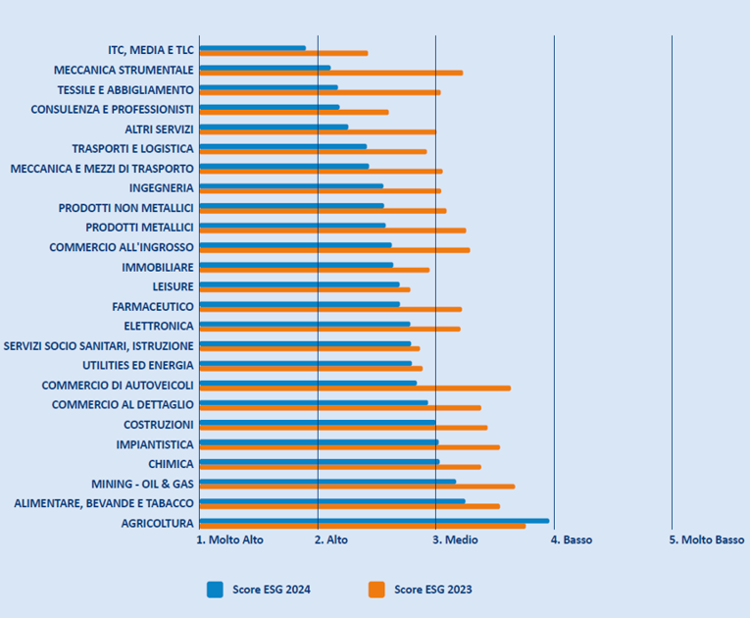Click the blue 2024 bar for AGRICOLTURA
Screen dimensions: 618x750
[373, 520]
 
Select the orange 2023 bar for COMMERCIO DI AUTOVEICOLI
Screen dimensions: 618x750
[353, 388]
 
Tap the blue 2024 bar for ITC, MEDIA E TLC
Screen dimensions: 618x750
[252, 48]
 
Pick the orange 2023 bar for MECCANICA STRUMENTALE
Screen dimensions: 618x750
[330, 73]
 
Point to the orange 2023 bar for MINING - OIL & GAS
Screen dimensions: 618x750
[356, 487]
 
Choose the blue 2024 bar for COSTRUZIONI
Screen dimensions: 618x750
[317, 422]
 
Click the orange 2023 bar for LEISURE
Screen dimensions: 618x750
[304, 289]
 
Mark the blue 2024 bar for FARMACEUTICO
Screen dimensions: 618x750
[299, 304]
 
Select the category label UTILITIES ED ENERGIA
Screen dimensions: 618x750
[137, 365]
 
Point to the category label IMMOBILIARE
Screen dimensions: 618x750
[157, 267]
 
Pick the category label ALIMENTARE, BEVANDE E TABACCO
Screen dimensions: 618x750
[104, 503]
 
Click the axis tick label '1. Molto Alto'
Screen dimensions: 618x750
[230, 540]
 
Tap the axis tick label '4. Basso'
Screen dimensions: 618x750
[573, 540]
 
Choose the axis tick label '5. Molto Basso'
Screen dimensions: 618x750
[707, 540]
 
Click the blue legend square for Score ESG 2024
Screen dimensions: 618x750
[215, 590]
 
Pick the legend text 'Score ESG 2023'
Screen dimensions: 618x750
[432, 590]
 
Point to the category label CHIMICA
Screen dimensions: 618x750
[171, 464]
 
